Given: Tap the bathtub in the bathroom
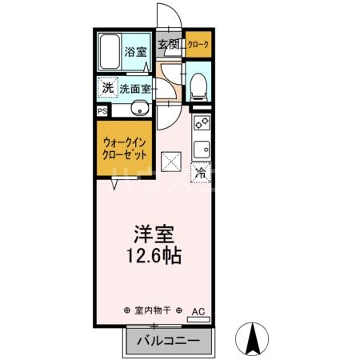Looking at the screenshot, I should coord(110,54).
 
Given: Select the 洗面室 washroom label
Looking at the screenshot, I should coord(135,89).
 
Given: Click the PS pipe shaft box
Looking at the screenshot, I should coord(102,111).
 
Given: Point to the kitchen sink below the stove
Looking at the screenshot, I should coord(201,148).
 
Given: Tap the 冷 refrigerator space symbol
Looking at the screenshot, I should coord(201,171).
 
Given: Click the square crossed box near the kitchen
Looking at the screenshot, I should coord(172,162).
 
